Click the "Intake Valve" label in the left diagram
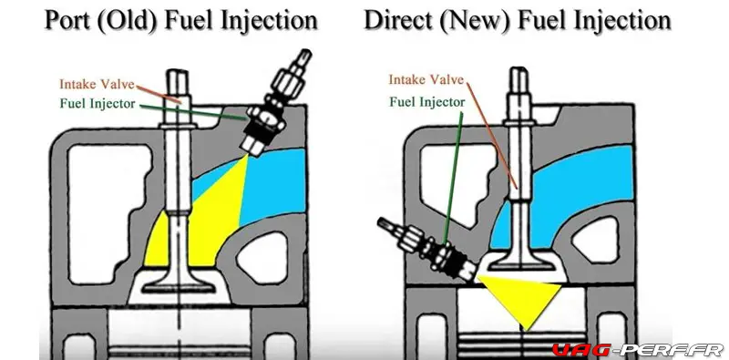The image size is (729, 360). [x=98, y=84]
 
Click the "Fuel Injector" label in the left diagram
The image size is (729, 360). [x=98, y=103]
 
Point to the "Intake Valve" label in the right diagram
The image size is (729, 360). [x=426, y=79]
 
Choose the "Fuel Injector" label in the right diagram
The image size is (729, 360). [x=426, y=101]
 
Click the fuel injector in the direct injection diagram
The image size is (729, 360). [x=426, y=250]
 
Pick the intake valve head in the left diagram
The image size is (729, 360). [x=179, y=285]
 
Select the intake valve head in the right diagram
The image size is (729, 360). [x=521, y=263]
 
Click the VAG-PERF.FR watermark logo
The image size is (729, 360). [x=637, y=350]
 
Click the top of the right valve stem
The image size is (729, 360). [x=519, y=69]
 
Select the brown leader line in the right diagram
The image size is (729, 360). [x=492, y=136]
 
